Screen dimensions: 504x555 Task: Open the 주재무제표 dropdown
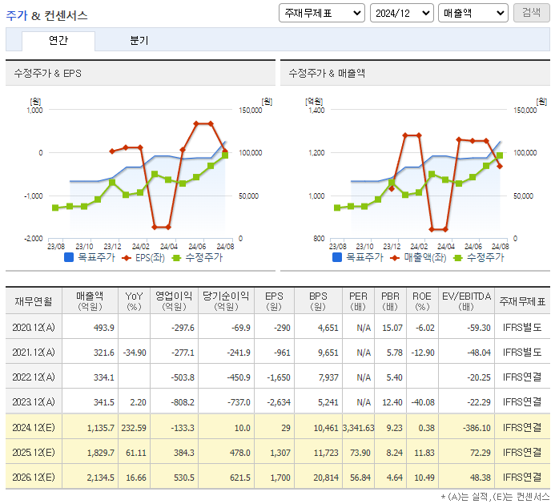[321, 13]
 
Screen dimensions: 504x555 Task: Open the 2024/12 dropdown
[401, 13]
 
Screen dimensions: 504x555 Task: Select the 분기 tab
[139, 41]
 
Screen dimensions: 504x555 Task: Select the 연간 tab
[58, 41]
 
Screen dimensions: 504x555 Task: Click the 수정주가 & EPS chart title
[47, 73]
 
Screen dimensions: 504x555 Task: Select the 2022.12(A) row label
[33, 377]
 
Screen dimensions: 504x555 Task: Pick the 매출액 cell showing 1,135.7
[100, 428]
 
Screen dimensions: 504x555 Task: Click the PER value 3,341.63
[357, 428]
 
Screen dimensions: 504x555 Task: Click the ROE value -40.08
[420, 402]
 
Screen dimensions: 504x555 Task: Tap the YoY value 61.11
[134, 453]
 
